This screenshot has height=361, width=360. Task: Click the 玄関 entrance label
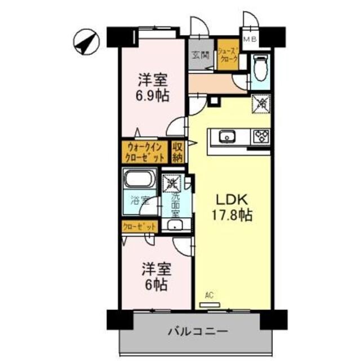[x=199, y=55]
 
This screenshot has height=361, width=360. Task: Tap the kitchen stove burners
[x=261, y=136]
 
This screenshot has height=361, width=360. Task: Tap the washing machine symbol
[x=171, y=183]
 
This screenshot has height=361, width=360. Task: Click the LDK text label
[x=230, y=200]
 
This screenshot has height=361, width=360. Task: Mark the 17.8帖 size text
[x=231, y=215]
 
